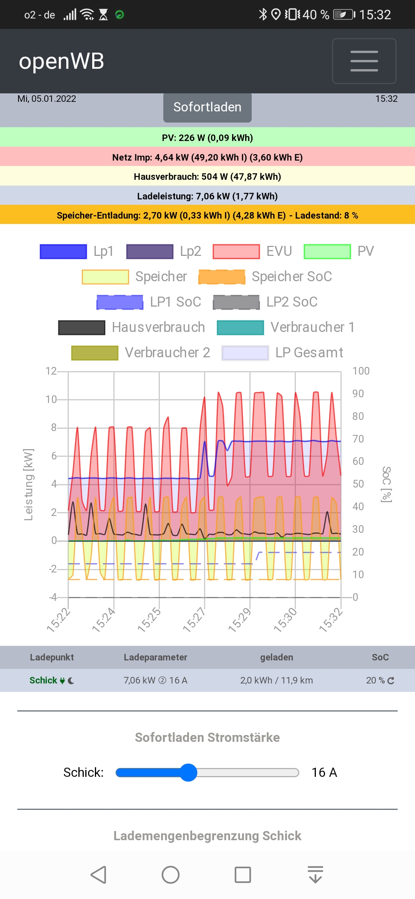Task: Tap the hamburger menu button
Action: [364, 61]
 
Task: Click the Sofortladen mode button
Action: [207, 107]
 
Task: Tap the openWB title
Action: [61, 61]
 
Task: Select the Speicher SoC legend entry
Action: [265, 277]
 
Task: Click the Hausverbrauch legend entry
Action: [131, 327]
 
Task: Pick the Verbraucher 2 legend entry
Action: [141, 353]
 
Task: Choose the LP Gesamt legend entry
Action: [282, 353]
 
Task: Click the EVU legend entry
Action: [252, 251]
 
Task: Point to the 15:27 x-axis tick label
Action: [194, 619]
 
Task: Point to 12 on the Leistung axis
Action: [51, 371]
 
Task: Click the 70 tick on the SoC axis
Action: [358, 439]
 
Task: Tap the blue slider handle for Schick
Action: [188, 772]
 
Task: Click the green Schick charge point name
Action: [43, 680]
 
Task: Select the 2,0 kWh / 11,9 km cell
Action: [276, 680]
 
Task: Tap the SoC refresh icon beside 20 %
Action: [391, 680]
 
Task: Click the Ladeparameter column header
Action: [155, 657]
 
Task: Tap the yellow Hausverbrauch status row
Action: [207, 177]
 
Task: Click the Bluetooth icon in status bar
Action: [263, 15]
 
